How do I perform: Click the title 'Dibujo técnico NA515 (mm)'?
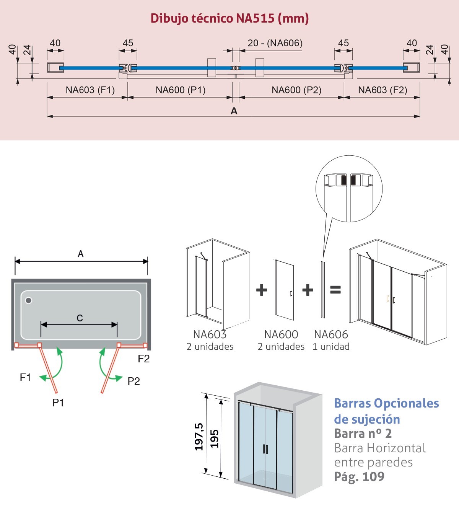(x=229, y=18)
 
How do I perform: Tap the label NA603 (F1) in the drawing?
(x=90, y=90)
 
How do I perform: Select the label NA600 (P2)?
(x=296, y=90)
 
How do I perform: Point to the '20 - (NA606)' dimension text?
(x=275, y=43)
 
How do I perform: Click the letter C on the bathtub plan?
(x=80, y=318)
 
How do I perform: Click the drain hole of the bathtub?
(x=28, y=300)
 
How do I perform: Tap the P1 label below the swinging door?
(x=58, y=403)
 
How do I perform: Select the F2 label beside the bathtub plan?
(x=143, y=359)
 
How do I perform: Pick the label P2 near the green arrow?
(x=133, y=381)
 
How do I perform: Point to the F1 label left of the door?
(x=25, y=377)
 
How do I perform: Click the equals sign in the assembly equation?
(x=335, y=290)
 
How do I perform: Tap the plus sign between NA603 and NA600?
(x=262, y=290)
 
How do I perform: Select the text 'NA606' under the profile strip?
(x=331, y=334)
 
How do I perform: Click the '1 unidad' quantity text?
(x=331, y=347)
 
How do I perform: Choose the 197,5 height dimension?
(x=199, y=437)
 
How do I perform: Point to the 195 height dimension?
(x=214, y=439)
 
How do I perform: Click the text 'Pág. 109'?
(x=359, y=477)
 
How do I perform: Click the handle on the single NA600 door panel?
(x=291, y=293)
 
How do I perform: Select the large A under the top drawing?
(x=234, y=111)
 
